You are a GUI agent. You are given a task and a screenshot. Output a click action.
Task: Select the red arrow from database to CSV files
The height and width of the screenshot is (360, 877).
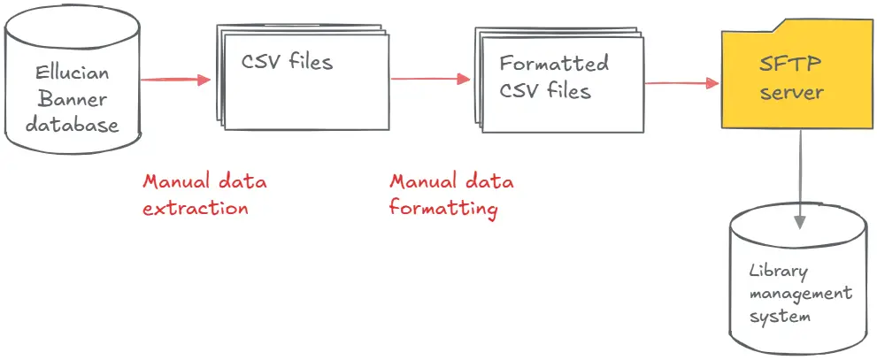click(x=175, y=80)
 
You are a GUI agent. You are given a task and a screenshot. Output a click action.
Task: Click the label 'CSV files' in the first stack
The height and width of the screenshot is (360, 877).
click(x=288, y=63)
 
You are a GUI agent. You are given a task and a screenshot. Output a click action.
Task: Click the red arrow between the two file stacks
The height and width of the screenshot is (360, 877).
click(x=429, y=79)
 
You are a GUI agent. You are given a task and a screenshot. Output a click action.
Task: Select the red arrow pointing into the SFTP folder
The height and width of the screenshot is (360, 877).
click(x=681, y=83)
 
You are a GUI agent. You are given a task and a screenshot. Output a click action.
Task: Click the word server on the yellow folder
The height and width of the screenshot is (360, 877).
click(x=790, y=92)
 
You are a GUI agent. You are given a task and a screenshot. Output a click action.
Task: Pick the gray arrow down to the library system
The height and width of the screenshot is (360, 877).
click(x=800, y=177)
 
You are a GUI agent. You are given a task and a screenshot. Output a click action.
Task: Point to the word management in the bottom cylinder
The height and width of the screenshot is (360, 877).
click(x=800, y=294)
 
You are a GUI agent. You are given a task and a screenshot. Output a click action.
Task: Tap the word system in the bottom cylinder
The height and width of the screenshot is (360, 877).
click(x=779, y=316)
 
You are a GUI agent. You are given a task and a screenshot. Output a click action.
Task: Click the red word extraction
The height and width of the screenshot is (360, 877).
click(x=196, y=209)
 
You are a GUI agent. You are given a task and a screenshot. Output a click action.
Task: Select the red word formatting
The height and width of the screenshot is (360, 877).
click(x=444, y=209)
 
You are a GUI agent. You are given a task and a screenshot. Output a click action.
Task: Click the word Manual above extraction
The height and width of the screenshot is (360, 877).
click(x=175, y=182)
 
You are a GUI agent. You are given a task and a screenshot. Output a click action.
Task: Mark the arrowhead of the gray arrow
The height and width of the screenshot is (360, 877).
click(x=800, y=221)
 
